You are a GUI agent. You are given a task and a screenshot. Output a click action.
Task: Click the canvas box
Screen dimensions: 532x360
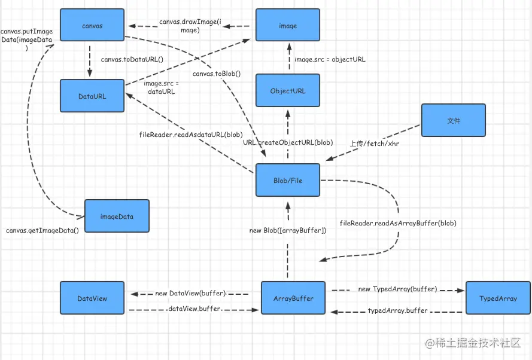point(92,25)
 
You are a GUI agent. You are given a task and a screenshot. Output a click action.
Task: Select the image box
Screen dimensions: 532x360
point(288,25)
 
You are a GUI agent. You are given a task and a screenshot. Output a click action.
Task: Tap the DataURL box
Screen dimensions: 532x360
point(92,96)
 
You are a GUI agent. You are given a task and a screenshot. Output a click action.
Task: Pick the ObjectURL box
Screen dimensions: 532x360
point(288,90)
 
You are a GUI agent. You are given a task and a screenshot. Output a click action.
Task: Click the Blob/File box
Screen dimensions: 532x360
point(288,180)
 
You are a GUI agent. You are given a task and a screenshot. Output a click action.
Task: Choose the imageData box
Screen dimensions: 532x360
point(117,216)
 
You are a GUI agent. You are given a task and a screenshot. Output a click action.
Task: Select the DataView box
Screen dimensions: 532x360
point(92,298)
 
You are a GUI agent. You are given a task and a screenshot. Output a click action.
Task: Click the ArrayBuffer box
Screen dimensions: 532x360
point(293,298)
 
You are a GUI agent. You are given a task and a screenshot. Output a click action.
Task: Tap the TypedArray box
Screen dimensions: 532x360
point(498,298)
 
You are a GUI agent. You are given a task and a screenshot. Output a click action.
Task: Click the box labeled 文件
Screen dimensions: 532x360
point(453,120)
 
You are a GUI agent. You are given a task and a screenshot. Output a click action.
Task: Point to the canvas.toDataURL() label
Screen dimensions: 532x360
point(132,59)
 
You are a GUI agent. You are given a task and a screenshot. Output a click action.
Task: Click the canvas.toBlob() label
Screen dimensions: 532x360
point(217,74)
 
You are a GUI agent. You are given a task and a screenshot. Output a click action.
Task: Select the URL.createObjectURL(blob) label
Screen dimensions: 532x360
point(288,142)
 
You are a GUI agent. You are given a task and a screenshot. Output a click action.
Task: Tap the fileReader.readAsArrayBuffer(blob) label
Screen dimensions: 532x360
point(398,223)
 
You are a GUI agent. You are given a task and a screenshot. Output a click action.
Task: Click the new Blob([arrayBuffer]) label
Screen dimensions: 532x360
point(288,230)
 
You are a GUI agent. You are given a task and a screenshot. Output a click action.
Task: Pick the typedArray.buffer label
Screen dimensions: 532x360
point(397,310)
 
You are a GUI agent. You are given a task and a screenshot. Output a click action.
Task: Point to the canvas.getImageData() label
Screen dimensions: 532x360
point(42,230)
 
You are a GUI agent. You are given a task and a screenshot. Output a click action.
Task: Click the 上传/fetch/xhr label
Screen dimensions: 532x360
point(375,144)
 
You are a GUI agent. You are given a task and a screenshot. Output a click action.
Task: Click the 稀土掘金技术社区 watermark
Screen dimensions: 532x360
point(473,343)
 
